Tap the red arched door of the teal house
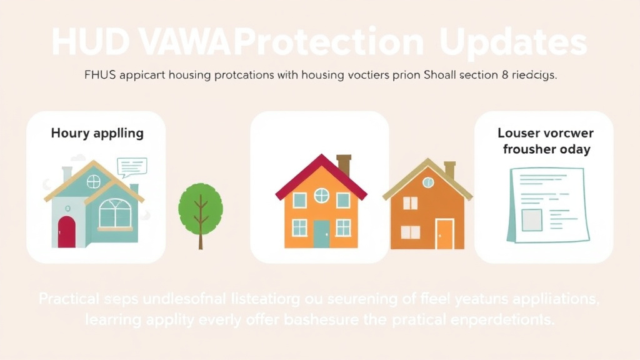[x=66, y=232]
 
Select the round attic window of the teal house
[x=93, y=181]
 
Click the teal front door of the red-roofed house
[x=321, y=234]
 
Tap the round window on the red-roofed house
[x=321, y=196]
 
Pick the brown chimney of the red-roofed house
[x=344, y=164]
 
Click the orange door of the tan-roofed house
[x=444, y=234]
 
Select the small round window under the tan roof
[x=428, y=182]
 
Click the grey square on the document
[x=532, y=219]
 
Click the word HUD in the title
[x=87, y=43]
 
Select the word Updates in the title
[x=513, y=43]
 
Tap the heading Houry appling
[x=97, y=133]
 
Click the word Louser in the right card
[x=519, y=133]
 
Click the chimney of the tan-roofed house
[x=449, y=169]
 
